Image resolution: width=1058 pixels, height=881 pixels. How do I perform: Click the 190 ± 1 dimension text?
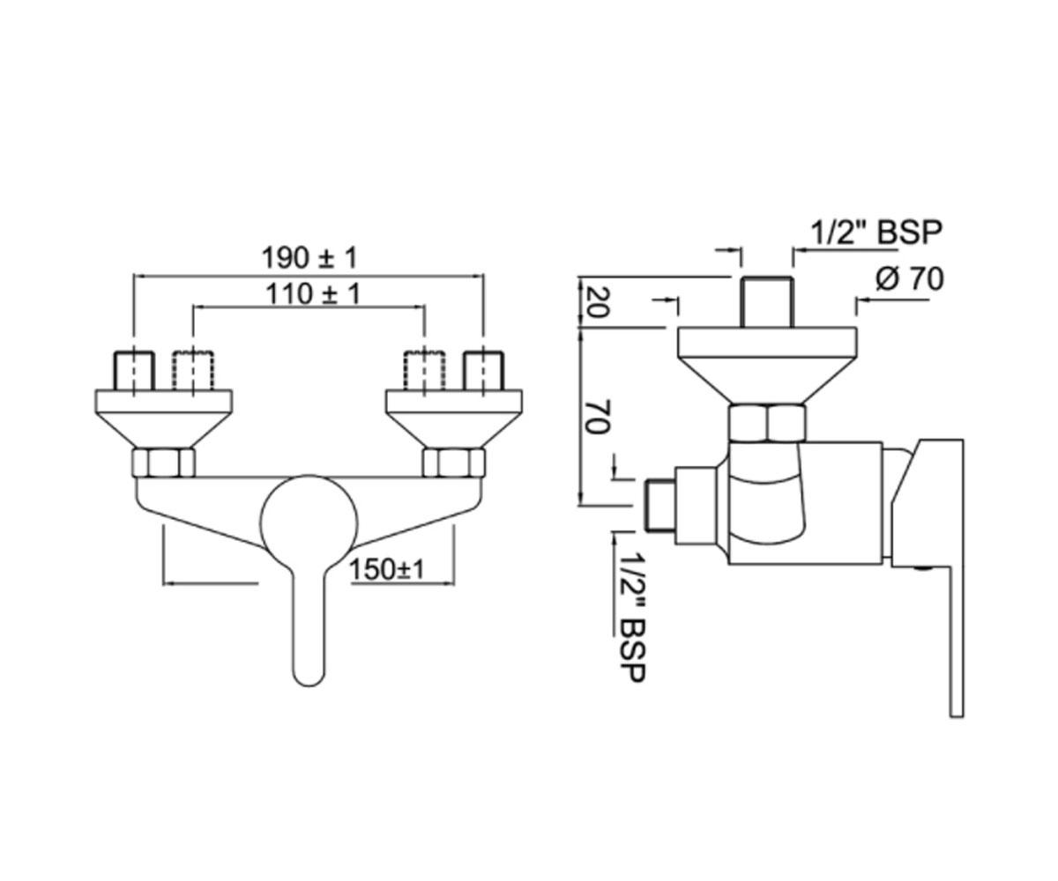click(x=309, y=258)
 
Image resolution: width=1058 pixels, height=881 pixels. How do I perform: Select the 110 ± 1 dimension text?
click(x=313, y=293)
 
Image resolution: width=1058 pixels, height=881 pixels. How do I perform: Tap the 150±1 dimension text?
click(x=387, y=570)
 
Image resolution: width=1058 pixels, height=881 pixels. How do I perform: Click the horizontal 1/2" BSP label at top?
click(x=877, y=233)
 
